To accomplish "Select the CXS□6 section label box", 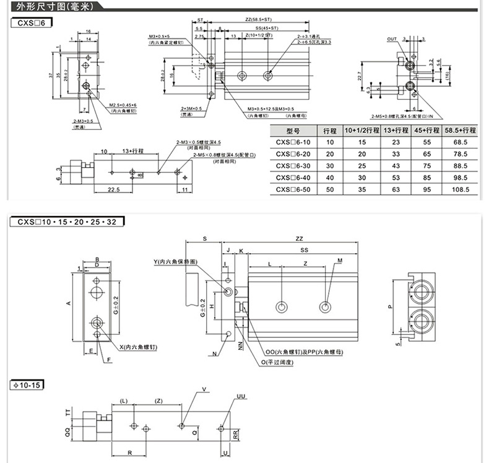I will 32,22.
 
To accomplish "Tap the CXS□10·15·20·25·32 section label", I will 67,220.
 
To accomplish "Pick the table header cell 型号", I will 293,131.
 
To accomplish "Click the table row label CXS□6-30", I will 293,166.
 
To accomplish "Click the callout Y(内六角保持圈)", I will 175,262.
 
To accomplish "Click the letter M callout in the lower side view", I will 340,261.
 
